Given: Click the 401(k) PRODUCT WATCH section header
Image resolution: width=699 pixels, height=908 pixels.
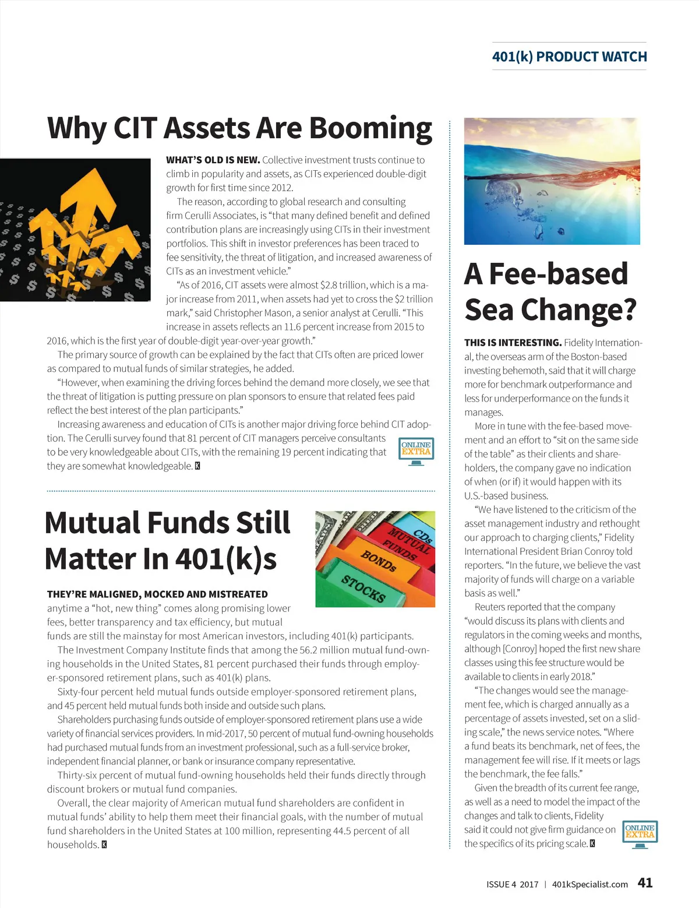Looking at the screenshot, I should point(569,57).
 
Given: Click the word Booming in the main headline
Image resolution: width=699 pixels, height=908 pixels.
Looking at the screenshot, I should point(370,128).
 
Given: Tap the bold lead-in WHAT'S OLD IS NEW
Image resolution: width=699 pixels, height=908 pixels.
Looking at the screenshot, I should point(213,160).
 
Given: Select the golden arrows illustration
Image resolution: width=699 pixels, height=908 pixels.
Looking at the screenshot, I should point(76,230).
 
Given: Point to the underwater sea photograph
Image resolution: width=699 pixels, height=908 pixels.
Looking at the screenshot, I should point(552,181).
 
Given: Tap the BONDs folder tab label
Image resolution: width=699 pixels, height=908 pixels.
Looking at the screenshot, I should point(378,560).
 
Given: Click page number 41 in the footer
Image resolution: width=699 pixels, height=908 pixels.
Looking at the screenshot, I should point(645,882).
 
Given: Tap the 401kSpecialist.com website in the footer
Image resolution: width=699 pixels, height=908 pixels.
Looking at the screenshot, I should point(589,884).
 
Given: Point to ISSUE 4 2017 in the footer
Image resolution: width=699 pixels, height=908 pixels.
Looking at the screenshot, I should point(512,884).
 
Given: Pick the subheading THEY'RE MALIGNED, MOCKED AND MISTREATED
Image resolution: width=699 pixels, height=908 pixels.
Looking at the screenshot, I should point(157,594).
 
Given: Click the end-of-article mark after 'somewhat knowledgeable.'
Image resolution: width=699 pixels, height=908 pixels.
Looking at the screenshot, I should point(197,466).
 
